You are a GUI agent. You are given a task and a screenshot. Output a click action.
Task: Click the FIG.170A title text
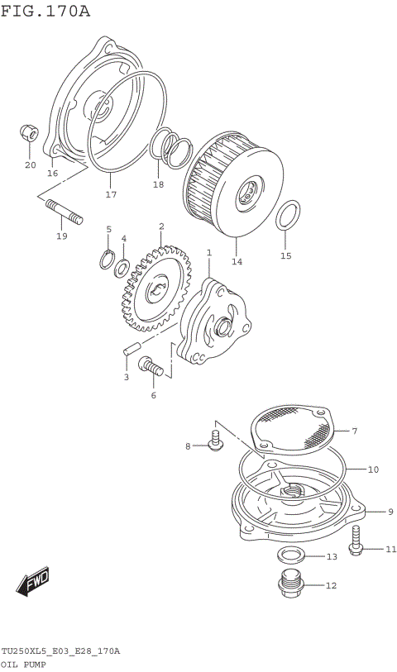coord(46,11)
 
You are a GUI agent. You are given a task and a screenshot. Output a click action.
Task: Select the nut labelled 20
coord(28,133)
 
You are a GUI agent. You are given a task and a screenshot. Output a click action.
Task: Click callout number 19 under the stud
coord(61,237)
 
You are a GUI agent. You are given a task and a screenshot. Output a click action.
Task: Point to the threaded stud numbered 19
coord(60,212)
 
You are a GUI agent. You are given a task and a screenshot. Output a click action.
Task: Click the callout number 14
coord(237,261)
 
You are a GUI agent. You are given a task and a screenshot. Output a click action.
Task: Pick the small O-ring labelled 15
coord(286,214)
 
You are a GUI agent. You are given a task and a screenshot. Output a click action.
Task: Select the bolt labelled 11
coord(356,541)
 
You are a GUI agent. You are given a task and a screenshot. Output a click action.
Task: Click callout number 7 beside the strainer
coord(353,431)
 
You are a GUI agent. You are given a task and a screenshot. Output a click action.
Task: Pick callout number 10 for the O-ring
coord(373,469)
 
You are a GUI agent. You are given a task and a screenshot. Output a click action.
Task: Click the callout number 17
coord(111,195)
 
